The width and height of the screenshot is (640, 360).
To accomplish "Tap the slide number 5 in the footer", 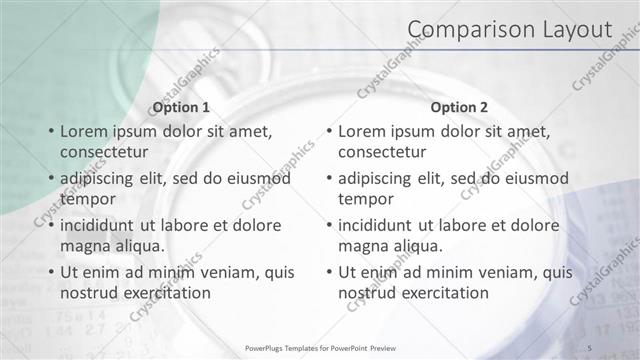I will click(x=591, y=347).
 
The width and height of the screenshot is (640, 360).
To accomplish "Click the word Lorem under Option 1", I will click(x=84, y=131).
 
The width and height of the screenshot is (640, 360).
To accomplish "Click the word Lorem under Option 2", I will click(x=362, y=131).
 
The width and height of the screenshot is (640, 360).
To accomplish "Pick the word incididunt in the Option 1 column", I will click(x=99, y=225).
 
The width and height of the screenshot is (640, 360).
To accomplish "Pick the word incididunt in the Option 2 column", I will click(x=377, y=225).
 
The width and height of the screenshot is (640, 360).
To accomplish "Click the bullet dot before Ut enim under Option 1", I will click(x=51, y=272).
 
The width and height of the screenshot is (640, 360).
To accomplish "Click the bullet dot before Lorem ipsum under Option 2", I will click(x=329, y=131).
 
